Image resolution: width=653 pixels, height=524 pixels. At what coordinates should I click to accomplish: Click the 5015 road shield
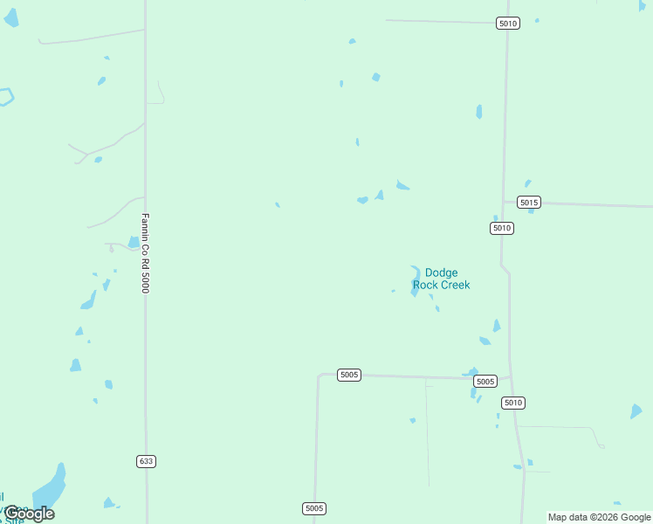pos(528,203)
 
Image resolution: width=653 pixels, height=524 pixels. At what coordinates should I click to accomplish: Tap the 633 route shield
pos(146,461)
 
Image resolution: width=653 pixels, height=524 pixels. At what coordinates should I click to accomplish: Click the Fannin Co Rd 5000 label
pos(146,253)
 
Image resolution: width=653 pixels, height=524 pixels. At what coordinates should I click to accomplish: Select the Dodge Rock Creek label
pos(441,279)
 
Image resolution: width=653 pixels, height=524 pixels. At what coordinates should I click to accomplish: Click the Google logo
pos(29,514)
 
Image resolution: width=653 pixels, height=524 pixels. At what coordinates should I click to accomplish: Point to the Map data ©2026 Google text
pos(599,517)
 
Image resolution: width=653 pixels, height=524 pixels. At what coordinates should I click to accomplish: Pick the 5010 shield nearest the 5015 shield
pos(501,228)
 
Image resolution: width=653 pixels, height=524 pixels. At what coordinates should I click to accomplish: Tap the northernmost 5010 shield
pos(508,23)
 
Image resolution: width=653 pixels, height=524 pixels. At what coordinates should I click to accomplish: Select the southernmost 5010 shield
pos(513,403)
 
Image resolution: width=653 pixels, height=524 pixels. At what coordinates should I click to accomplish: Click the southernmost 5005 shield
pos(314,508)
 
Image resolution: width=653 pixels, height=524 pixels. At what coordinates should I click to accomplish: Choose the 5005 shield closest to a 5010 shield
pos(485,382)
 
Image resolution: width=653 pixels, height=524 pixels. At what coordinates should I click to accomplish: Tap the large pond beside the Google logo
pos(51,487)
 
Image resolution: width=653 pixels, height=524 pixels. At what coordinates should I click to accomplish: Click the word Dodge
pos(441,273)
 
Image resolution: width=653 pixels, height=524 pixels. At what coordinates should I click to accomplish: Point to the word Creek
pos(454,285)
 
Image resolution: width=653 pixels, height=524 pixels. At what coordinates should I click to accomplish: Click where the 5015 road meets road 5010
pos(504,202)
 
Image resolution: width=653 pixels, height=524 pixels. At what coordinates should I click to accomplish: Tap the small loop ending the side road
pos(601,446)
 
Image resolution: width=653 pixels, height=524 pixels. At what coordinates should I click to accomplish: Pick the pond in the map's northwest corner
pos(10,17)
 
